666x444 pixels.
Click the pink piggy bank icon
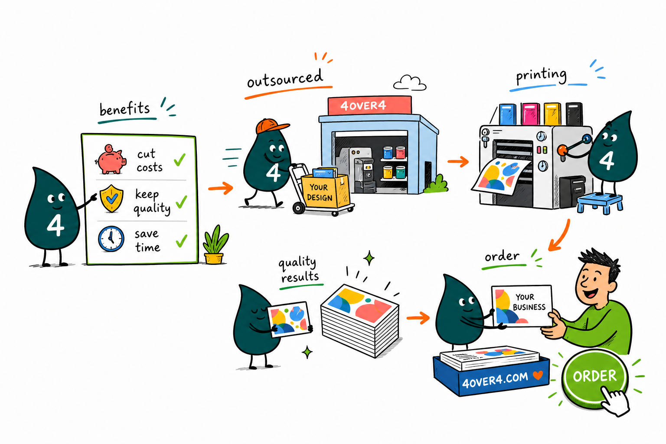pyautogui.click(x=111, y=159)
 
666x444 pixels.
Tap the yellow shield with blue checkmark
pyautogui.click(x=111, y=199)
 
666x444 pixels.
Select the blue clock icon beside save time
pyautogui.click(x=111, y=239)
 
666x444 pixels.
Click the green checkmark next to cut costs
pyautogui.click(x=180, y=160)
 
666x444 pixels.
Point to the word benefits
pyautogui.click(x=124, y=109)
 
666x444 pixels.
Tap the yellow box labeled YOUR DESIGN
pyautogui.click(x=325, y=191)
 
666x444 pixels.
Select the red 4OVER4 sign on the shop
pyautogui.click(x=370, y=105)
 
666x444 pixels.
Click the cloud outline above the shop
pyautogui.click(x=410, y=83)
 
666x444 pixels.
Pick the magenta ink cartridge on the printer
pyautogui.click(x=531, y=114)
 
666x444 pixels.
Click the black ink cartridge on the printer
pyautogui.click(x=574, y=114)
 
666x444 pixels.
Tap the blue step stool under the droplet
pyautogui.click(x=600, y=203)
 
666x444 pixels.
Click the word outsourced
pyautogui.click(x=285, y=78)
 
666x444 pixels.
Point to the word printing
pyautogui.click(x=541, y=75)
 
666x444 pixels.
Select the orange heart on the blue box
pyautogui.click(x=538, y=375)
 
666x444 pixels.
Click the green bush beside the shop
pyautogui.click(x=436, y=184)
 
